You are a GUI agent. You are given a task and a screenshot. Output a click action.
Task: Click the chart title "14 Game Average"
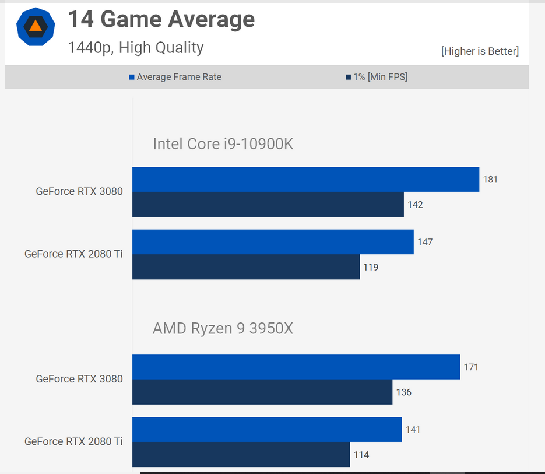pyautogui.click(x=161, y=20)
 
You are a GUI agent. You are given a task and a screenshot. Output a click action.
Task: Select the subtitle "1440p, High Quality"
pyautogui.click(x=136, y=47)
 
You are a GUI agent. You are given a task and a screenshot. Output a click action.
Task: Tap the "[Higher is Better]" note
pyautogui.click(x=480, y=51)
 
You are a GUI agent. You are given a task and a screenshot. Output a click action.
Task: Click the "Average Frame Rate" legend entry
pyautogui.click(x=179, y=77)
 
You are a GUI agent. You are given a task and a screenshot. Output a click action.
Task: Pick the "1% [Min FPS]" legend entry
pyautogui.click(x=379, y=77)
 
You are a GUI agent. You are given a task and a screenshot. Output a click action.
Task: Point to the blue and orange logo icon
pyautogui.click(x=36, y=27)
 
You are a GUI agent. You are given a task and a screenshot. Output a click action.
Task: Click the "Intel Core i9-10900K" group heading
pyautogui.click(x=223, y=143)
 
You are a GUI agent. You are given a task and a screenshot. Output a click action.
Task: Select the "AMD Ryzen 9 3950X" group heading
pyautogui.click(x=223, y=329)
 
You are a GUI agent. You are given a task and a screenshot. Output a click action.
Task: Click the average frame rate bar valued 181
pyautogui.click(x=305, y=180)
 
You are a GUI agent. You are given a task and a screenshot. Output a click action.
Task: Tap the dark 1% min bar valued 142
pyautogui.click(x=268, y=205)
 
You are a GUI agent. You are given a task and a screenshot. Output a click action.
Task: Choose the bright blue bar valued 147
pyautogui.click(x=273, y=242)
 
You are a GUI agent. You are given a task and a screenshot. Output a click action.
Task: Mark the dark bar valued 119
pyautogui.click(x=246, y=267)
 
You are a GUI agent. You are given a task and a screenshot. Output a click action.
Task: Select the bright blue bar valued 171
pyautogui.click(x=296, y=367)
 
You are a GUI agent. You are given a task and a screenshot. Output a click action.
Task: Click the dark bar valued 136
pyautogui.click(x=262, y=392)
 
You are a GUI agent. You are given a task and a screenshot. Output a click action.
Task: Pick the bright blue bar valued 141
pyautogui.click(x=267, y=430)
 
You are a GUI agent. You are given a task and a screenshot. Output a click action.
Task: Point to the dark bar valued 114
pyautogui.click(x=241, y=455)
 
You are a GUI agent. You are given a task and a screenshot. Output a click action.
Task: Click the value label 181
pyautogui.click(x=490, y=180)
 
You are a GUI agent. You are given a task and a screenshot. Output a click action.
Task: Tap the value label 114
pyautogui.click(x=361, y=455)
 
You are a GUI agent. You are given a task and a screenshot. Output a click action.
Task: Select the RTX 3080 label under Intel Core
pyautogui.click(x=79, y=191)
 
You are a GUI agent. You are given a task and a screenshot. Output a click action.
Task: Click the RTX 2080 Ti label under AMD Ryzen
pyautogui.click(x=73, y=441)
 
